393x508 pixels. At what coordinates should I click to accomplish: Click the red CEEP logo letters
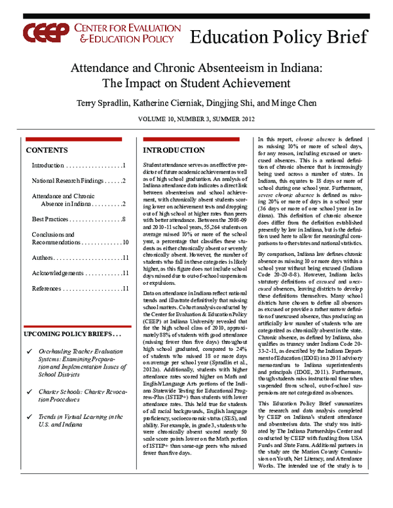pyautogui.click(x=43, y=34)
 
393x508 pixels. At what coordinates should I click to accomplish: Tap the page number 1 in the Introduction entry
pyautogui.click(x=124, y=165)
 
